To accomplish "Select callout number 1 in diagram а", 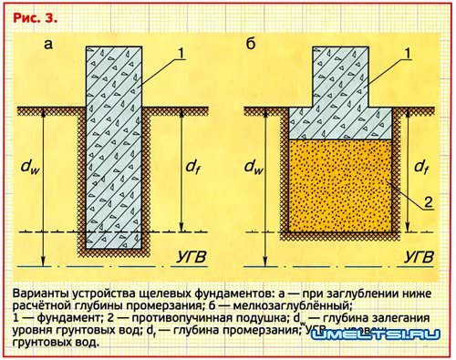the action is click(181, 54).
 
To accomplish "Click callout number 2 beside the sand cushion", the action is click(420, 202).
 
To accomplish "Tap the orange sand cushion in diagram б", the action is click(341, 191).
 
